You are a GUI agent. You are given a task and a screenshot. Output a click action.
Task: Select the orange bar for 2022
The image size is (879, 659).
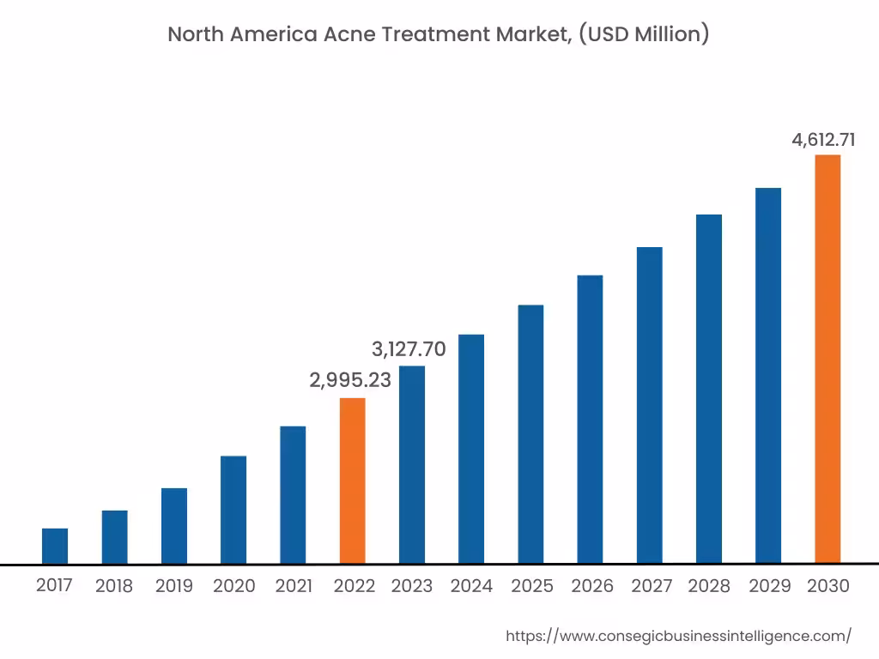[352, 481]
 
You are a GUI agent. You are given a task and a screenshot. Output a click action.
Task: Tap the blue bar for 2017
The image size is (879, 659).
[55, 546]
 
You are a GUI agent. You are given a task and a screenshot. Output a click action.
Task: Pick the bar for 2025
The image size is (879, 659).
[530, 434]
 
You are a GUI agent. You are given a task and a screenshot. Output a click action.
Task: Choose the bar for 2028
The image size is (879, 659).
[709, 389]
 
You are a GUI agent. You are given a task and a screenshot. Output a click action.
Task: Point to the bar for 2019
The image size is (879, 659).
[174, 525]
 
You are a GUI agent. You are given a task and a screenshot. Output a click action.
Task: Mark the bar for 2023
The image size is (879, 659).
[412, 464]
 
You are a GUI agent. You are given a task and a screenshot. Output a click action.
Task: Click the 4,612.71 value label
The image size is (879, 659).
[823, 140]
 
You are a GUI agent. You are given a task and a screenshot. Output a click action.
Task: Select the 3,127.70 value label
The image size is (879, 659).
[409, 349]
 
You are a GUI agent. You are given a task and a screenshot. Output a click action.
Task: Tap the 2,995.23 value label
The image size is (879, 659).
[350, 380]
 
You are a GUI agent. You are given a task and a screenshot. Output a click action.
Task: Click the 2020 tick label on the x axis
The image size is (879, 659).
[234, 586]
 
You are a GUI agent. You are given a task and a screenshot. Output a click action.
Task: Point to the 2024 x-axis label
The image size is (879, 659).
[471, 586]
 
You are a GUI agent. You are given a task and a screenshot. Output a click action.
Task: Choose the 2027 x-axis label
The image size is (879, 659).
[652, 586]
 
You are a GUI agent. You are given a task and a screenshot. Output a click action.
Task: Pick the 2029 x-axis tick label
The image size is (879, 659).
[770, 586]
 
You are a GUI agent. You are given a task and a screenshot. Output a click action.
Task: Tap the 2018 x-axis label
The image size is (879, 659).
[114, 586]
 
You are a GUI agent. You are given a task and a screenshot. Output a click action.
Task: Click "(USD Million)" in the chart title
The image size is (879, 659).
[645, 35]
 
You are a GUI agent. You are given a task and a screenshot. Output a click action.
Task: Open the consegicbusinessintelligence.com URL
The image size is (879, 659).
[678, 636]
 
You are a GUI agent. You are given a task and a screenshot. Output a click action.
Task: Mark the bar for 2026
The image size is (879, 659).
[590, 419]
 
